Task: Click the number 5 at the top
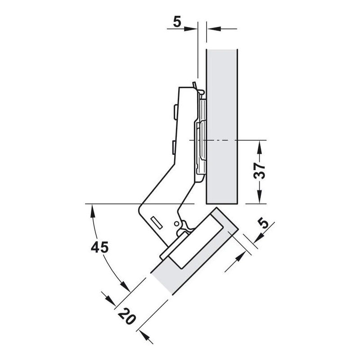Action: (177, 22)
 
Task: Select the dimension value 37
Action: (260, 171)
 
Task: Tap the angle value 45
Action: (99, 247)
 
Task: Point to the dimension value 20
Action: (127, 317)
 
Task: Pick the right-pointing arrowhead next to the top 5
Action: (191, 29)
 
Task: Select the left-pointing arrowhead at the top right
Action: (214, 29)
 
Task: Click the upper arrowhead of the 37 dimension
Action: (260, 147)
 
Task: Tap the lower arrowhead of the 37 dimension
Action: (260, 197)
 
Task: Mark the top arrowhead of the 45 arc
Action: (93, 211)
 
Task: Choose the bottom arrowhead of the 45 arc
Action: (125, 286)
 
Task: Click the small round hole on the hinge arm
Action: (176, 223)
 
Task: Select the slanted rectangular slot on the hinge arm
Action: (157, 222)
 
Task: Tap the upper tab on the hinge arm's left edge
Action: (175, 112)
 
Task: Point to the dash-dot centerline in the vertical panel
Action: (213, 140)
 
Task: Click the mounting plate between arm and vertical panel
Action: (200, 140)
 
